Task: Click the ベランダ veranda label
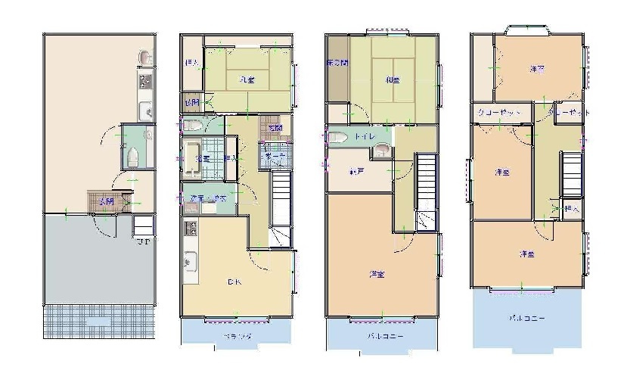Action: (237, 335)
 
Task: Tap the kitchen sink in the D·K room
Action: (189, 264)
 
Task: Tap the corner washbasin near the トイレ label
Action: (383, 150)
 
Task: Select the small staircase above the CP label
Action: (144, 225)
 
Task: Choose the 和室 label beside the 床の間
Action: (392, 79)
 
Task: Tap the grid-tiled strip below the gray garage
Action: (99, 321)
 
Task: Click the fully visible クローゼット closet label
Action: (498, 111)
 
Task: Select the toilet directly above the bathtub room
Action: (191, 125)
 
